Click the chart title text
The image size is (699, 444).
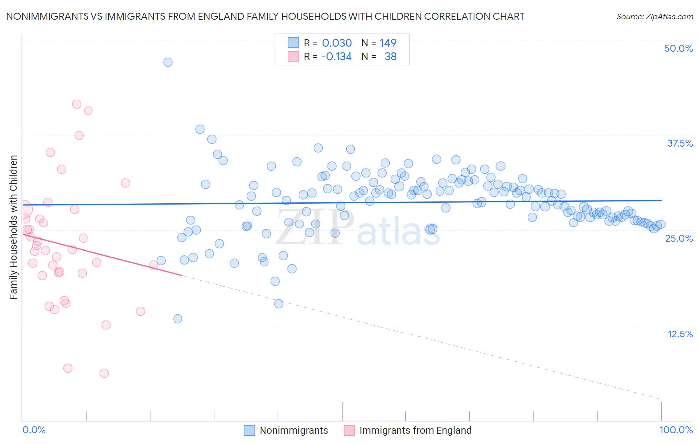pyautogui.click(x=265, y=16)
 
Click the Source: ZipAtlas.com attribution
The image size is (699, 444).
pyautogui.click(x=654, y=16)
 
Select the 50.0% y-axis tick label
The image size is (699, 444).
pyautogui.click(x=678, y=48)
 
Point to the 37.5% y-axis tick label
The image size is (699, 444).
pyautogui.click(x=680, y=143)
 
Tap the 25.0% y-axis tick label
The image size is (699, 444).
pyautogui.click(x=679, y=238)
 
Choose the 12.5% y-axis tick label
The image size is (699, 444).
pyautogui.click(x=680, y=334)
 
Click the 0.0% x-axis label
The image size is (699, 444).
pyautogui.click(x=34, y=430)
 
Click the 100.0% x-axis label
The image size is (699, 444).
pyautogui.click(x=676, y=430)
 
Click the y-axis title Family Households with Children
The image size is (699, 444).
pyautogui.click(x=13, y=227)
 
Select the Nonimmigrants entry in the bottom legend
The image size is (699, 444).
pyautogui.click(x=293, y=430)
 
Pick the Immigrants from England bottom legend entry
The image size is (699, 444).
pyautogui.click(x=415, y=430)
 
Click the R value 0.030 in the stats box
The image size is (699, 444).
pyautogui.click(x=337, y=43)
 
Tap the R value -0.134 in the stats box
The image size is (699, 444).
pyautogui.click(x=336, y=56)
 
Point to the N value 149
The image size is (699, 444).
pyautogui.click(x=388, y=43)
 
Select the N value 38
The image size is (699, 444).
pyautogui.click(x=390, y=56)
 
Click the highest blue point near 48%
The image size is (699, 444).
pyautogui.click(x=168, y=62)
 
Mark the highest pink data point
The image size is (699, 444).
pyautogui.click(x=77, y=104)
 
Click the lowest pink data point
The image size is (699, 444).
pyautogui.click(x=104, y=373)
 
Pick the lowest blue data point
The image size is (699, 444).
pyautogui.click(x=177, y=319)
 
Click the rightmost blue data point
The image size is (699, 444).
pyautogui.click(x=661, y=224)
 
